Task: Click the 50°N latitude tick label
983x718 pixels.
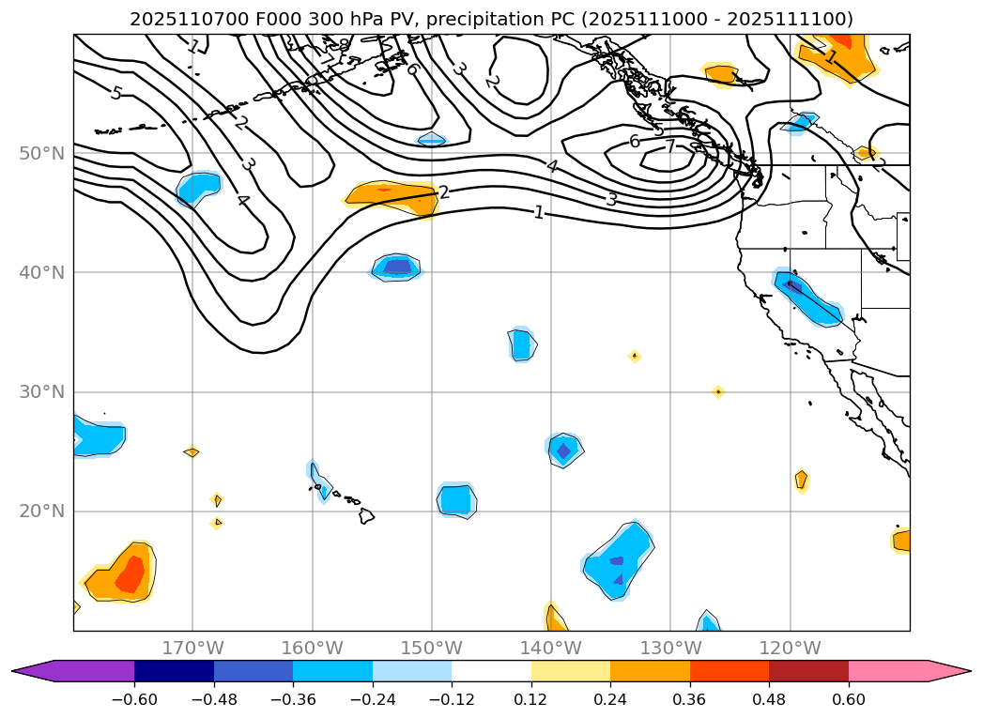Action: click(x=41, y=153)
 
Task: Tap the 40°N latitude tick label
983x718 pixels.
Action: click(x=41, y=272)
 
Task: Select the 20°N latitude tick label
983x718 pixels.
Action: click(x=41, y=512)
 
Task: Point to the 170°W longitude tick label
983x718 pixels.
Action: click(x=192, y=648)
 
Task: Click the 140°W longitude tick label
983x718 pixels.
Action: click(x=550, y=648)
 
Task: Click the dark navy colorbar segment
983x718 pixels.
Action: click(x=174, y=671)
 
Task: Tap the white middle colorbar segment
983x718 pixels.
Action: click(x=491, y=671)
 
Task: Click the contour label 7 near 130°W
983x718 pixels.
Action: click(x=670, y=146)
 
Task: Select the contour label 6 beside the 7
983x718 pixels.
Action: click(x=635, y=141)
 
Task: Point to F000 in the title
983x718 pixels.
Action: click(x=250, y=19)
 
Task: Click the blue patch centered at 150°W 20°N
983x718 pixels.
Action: click(x=456, y=499)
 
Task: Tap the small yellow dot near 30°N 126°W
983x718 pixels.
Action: click(x=718, y=391)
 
